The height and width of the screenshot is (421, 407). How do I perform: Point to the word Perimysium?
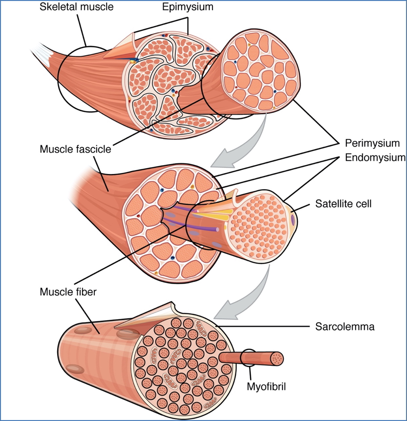(x=372, y=143)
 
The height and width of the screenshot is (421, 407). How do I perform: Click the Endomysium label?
(x=375, y=157)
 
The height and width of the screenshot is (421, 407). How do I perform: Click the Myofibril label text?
(x=266, y=387)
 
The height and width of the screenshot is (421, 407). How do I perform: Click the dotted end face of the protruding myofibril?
(x=277, y=358)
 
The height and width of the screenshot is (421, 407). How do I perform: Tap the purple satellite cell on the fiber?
(x=293, y=220)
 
